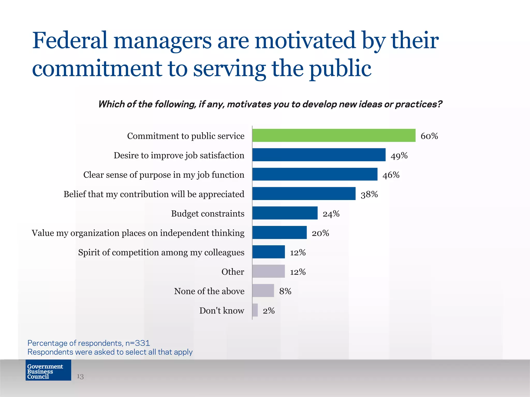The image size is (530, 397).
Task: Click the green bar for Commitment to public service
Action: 334,135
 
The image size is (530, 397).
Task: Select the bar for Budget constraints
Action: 285,213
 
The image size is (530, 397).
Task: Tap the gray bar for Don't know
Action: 255,310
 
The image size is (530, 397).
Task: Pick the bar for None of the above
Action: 263,291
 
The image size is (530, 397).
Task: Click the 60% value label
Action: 429,136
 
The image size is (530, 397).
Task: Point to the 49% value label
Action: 399,156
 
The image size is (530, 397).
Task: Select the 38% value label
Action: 369,194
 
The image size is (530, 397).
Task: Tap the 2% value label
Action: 269,310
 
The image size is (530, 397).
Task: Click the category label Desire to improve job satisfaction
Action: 179,155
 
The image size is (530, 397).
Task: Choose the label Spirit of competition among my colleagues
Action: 161,252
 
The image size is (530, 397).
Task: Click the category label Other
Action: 233,272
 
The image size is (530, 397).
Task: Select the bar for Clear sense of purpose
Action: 315,174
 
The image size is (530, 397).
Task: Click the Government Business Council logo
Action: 48,370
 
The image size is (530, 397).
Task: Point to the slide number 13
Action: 80,376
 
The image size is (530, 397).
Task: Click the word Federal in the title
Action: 70,41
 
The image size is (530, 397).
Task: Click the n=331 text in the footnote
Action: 138,343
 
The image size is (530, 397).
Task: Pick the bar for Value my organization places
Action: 279,232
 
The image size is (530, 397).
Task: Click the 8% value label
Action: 285,291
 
